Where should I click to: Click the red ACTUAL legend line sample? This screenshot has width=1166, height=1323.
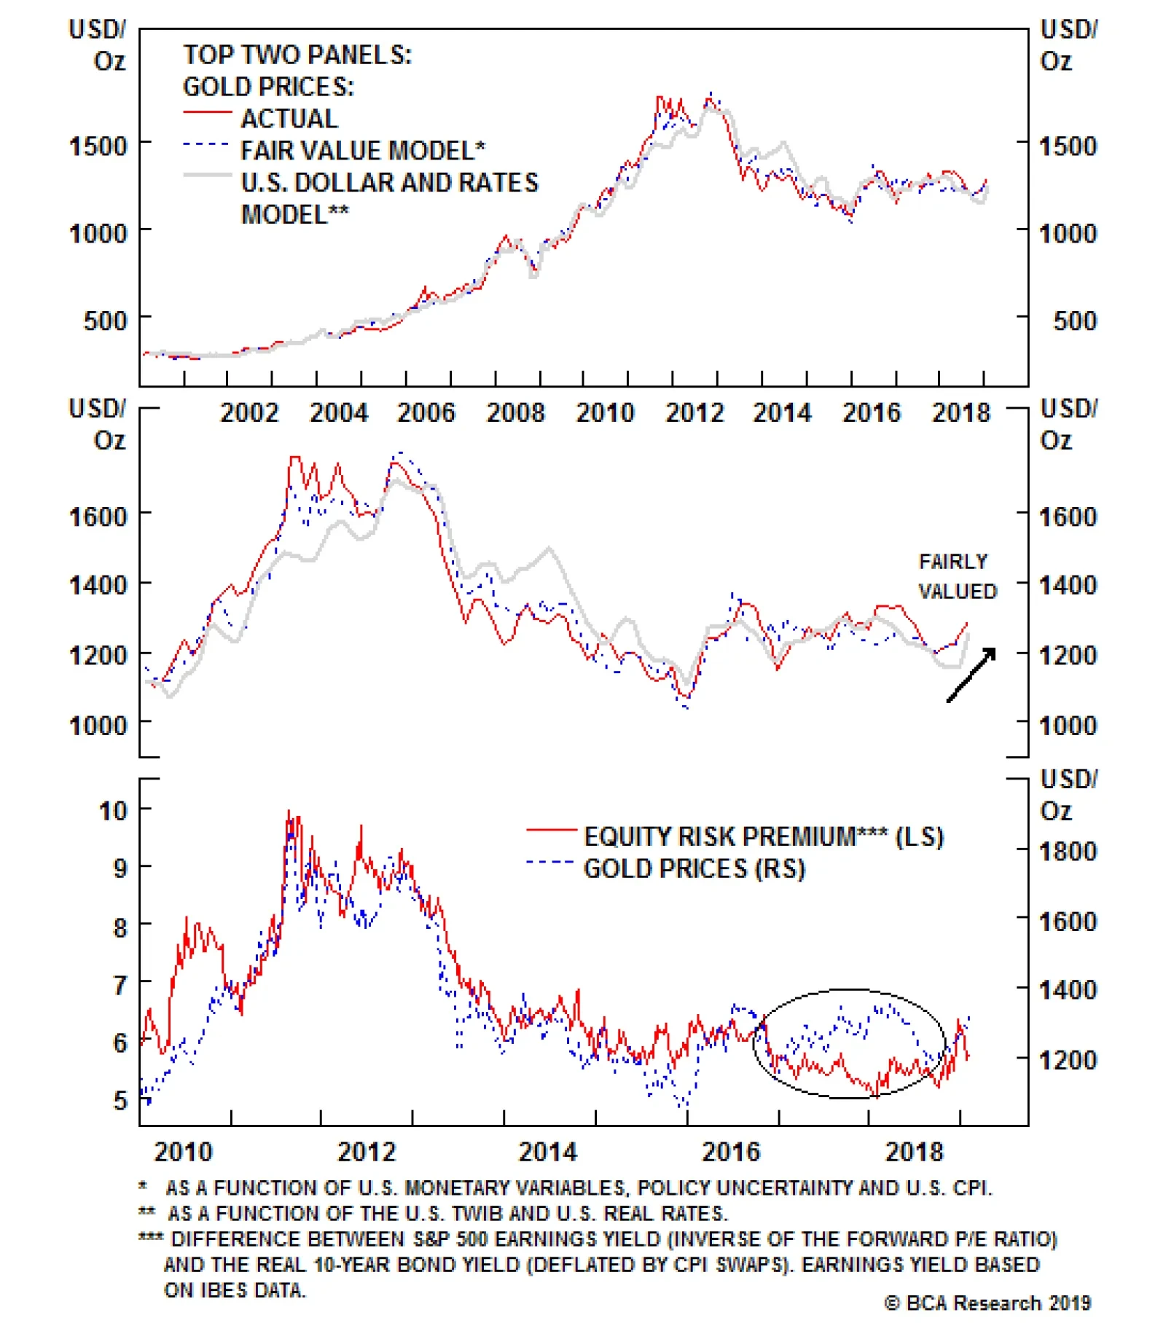(207, 113)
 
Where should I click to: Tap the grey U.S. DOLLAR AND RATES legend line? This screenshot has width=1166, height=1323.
(207, 176)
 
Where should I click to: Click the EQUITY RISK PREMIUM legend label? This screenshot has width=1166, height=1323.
(763, 836)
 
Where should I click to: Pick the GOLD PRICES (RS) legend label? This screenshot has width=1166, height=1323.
(694, 868)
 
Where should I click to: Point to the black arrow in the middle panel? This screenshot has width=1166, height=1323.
(971, 675)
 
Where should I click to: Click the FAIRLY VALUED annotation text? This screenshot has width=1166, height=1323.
(956, 576)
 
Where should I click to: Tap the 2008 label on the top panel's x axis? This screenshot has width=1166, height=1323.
(515, 413)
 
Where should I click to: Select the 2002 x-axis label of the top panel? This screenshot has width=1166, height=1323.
(249, 413)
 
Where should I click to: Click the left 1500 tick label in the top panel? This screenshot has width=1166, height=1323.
(98, 146)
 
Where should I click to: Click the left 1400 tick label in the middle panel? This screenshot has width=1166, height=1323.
(98, 585)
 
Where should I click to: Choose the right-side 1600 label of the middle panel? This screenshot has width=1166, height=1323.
(1067, 517)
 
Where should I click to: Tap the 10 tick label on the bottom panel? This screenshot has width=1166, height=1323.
(113, 811)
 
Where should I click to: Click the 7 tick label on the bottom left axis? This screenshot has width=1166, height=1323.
(120, 985)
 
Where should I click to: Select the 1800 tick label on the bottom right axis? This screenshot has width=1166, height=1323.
(1067, 852)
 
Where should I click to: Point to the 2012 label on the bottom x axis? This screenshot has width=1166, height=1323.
(366, 1152)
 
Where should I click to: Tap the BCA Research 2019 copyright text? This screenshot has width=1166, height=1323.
(987, 1303)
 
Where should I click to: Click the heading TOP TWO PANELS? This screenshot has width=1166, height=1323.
(297, 55)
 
